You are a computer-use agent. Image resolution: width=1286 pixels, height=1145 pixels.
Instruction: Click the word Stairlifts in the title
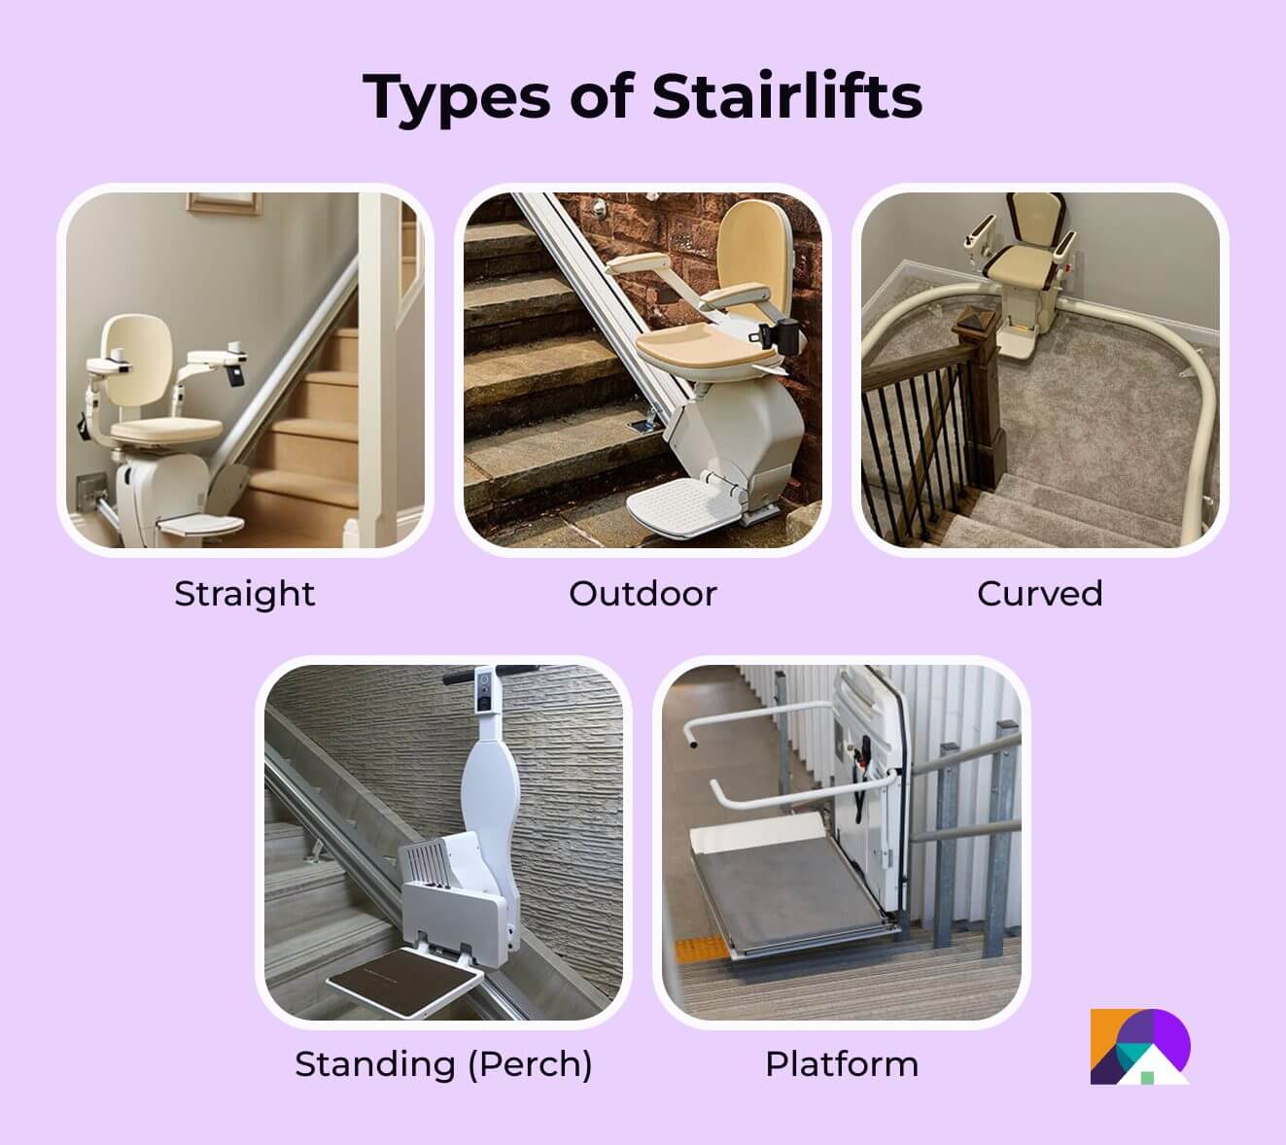(x=786, y=95)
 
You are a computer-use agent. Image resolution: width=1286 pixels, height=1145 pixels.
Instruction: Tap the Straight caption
(x=244, y=593)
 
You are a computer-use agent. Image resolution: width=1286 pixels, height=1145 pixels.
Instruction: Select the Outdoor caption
(x=643, y=593)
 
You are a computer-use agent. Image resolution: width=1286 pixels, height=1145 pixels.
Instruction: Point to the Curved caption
(x=1039, y=593)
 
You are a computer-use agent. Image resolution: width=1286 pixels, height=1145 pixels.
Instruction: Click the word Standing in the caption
(x=375, y=1063)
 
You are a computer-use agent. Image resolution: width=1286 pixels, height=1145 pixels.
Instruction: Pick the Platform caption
(x=842, y=1063)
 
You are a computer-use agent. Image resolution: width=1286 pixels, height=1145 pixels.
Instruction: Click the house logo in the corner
(x=1139, y=1048)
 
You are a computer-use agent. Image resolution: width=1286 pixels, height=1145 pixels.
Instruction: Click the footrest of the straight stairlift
(x=200, y=525)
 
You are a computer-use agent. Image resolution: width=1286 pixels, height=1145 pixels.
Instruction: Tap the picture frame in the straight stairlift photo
(x=225, y=201)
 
